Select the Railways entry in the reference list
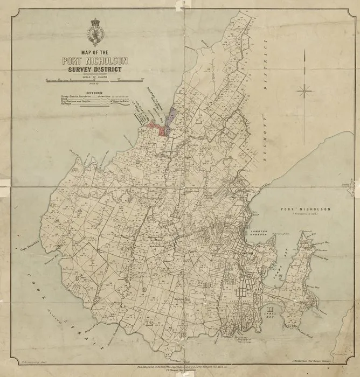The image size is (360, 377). (x=67, y=107)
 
